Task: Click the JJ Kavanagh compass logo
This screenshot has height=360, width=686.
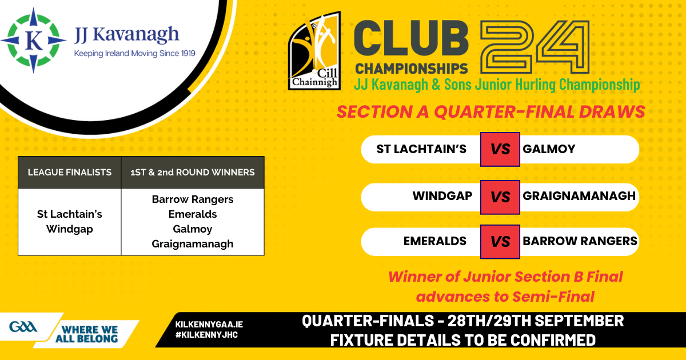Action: coord(33,40)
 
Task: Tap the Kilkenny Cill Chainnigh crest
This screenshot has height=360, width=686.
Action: coord(314,51)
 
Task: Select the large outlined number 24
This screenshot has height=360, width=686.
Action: coord(535,47)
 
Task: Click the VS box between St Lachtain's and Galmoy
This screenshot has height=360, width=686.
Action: coord(500,149)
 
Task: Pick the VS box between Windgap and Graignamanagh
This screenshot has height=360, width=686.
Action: coord(500,197)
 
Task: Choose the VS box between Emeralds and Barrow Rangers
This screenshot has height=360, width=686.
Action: coord(500,242)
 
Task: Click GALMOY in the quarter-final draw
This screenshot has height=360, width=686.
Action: coord(549,149)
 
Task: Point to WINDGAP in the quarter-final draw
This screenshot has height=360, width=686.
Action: coord(442,196)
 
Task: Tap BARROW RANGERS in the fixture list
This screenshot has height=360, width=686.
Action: coord(580,241)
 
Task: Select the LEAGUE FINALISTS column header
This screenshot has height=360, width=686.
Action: coord(70,173)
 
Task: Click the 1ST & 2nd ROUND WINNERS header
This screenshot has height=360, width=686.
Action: coord(193,173)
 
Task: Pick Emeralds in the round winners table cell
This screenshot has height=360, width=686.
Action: coord(193,214)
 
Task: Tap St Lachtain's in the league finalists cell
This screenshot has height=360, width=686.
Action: coord(70,214)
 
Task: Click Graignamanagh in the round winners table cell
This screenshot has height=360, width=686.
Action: coord(193,244)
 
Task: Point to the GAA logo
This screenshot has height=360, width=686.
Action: coord(23,327)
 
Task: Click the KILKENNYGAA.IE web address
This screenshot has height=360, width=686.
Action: coord(209,325)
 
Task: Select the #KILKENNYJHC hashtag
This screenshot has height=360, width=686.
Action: coord(207,335)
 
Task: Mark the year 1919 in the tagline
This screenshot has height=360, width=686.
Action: coord(188,53)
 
